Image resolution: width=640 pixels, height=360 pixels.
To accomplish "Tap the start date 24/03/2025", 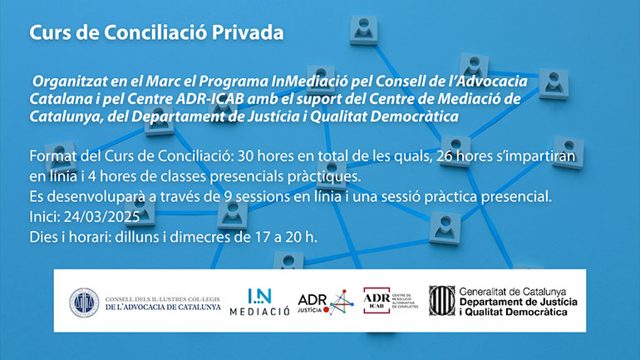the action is pyautogui.click(x=101, y=216).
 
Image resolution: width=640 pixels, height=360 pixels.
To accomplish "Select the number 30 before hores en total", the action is pyautogui.click(x=246, y=156).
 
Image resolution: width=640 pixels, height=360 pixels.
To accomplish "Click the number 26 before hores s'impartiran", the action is pyautogui.click(x=445, y=156).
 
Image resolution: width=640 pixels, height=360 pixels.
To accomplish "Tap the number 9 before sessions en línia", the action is pyautogui.click(x=229, y=197).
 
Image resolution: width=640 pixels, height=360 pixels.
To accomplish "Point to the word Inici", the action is pyautogui.click(x=45, y=216).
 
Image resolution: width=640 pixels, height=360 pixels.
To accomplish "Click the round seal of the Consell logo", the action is pyautogui.click(x=84, y=303).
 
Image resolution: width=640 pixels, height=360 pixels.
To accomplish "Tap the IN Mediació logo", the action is pyautogui.click(x=259, y=302).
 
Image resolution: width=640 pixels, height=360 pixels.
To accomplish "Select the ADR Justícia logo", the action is pyautogui.click(x=326, y=302).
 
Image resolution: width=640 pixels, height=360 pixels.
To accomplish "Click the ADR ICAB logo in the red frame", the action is pyautogui.click(x=377, y=300).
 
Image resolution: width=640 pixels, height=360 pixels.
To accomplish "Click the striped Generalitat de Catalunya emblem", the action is pyautogui.click(x=441, y=301).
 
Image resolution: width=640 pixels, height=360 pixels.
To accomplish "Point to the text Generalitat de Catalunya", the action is pyautogui.click(x=513, y=292).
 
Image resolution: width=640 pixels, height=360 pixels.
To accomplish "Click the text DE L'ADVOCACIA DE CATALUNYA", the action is pyautogui.click(x=163, y=307).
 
